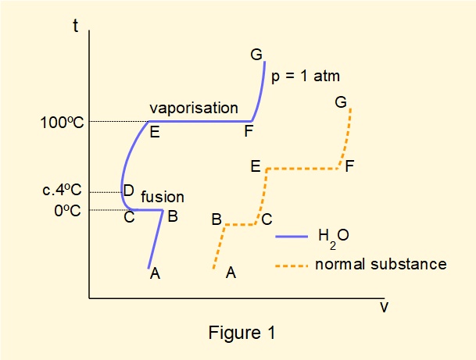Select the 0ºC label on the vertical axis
(69, 211)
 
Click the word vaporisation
(194, 108)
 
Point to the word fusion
(163, 198)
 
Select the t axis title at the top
(76, 26)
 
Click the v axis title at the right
(384, 306)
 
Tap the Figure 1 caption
(242, 333)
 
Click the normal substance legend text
(381, 264)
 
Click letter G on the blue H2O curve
(256, 55)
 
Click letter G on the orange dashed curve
(340, 102)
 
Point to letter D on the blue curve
(129, 190)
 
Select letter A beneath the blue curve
(155, 273)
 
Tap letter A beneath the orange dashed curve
(231, 273)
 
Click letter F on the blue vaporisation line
(248, 131)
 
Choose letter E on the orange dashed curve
(256, 166)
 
